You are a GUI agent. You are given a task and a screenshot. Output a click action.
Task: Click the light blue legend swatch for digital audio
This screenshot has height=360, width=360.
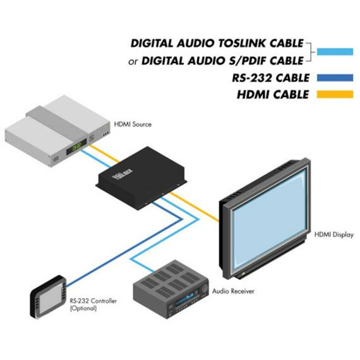coord(335,52)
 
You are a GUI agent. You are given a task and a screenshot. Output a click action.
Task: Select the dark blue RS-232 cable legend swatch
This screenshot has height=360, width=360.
coord(335,78)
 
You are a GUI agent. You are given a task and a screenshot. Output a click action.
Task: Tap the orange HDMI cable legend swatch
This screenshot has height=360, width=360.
coord(335,94)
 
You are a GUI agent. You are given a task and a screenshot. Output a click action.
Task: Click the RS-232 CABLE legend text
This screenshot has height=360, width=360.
coord(270,78)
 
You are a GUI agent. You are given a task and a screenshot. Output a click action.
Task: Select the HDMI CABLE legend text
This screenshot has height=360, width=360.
coord(273,95)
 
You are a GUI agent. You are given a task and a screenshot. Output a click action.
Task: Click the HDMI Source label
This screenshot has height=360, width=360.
coord(133,124)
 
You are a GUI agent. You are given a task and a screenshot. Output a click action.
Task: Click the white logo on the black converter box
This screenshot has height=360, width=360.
coord(123,174)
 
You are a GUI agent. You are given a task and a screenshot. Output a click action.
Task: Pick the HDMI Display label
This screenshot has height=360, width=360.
coord(333,235)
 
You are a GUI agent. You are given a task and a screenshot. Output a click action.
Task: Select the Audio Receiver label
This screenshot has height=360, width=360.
coord(233,291)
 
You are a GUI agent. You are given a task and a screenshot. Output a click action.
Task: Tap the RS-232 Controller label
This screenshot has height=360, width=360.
coord(93,301)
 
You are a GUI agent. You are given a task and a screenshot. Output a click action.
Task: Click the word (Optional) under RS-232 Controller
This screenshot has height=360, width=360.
coord(83,308)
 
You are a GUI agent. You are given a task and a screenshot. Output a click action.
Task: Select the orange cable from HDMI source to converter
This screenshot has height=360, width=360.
coord(104,154)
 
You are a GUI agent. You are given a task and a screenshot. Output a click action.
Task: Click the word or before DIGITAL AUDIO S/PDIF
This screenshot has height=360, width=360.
coord(133,62)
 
